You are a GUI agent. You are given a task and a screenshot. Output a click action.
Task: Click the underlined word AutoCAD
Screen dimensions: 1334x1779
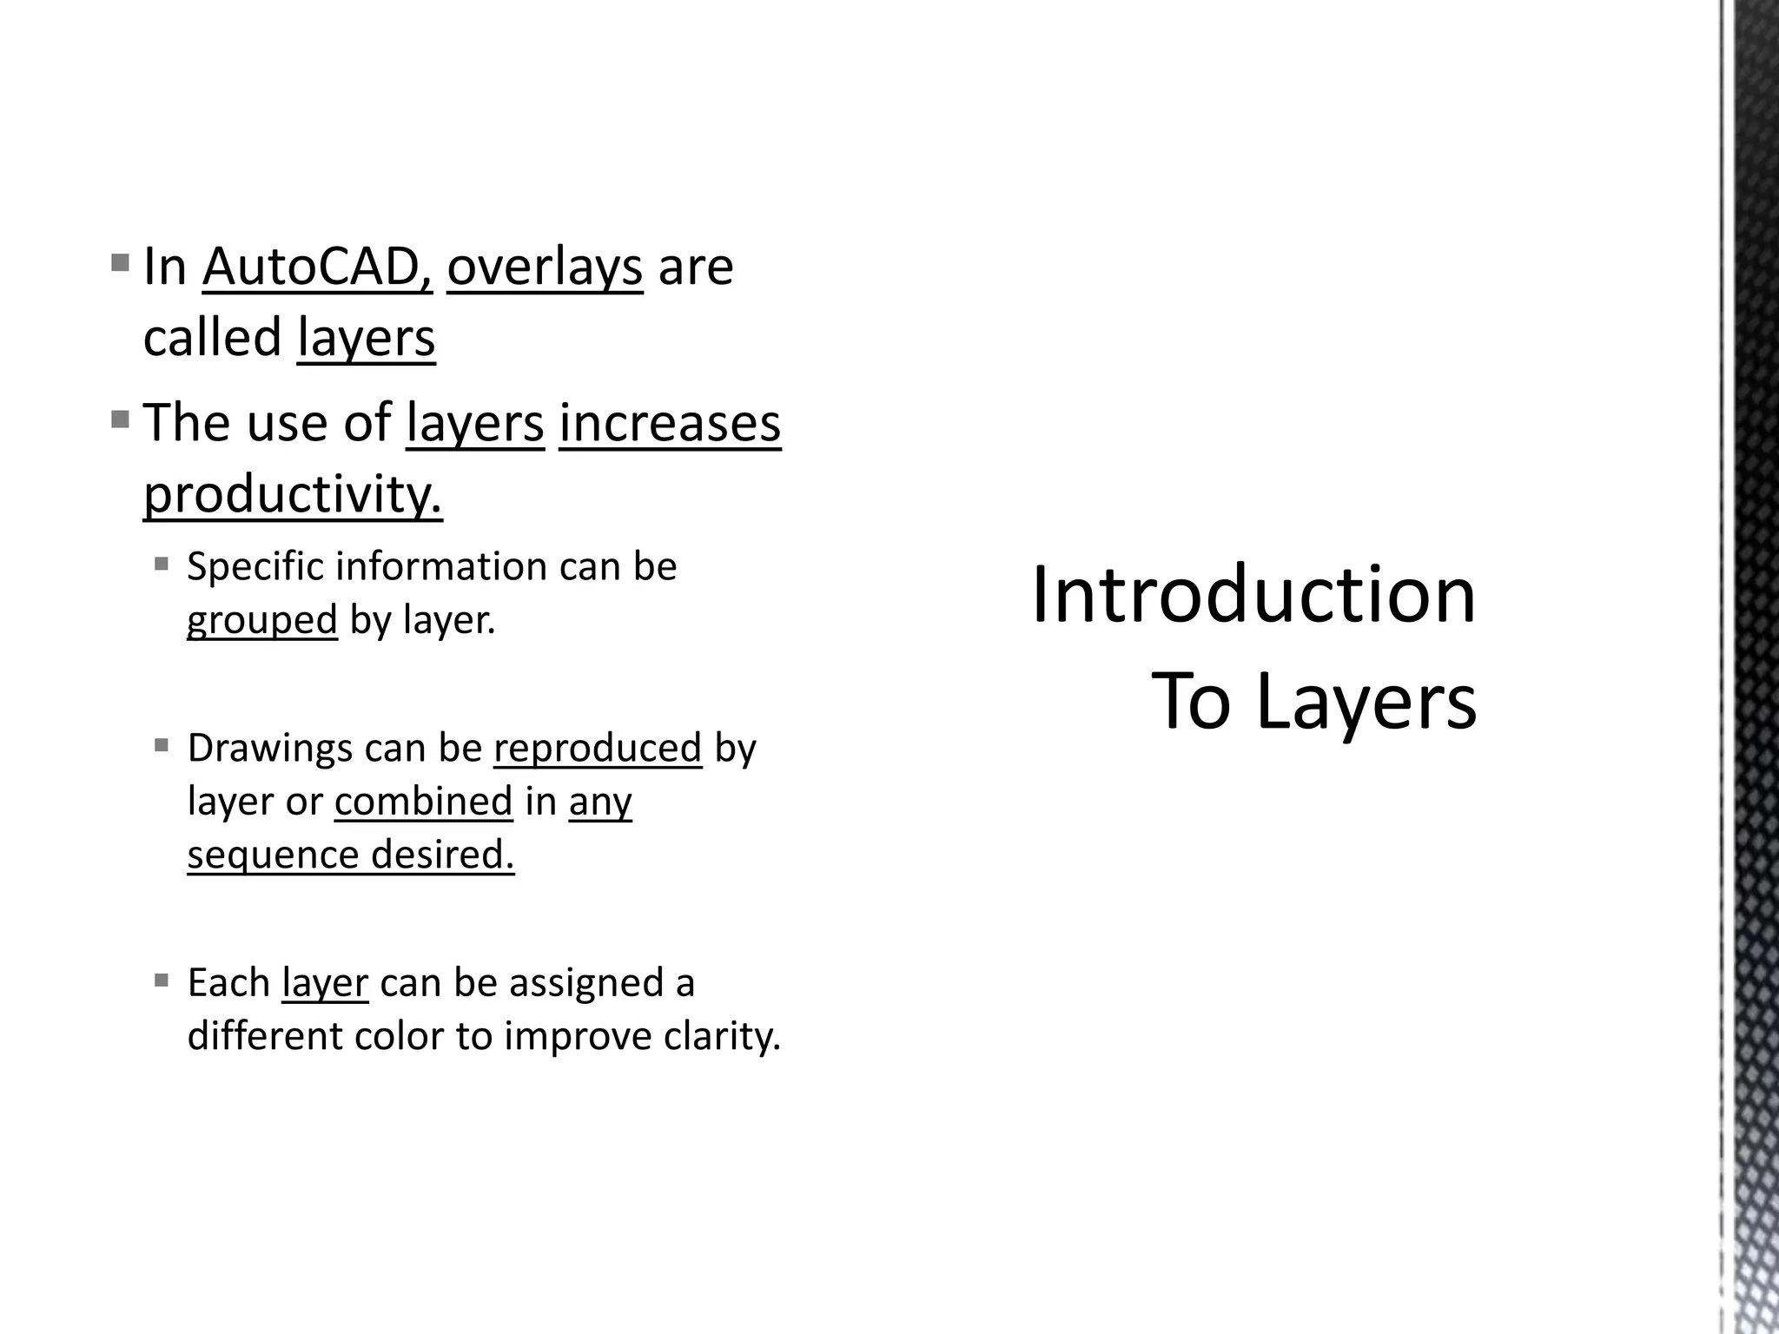(x=317, y=267)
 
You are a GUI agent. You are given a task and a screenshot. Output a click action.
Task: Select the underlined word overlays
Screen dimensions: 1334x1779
(x=545, y=267)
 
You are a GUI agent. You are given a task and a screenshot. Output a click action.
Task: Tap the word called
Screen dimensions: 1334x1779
(x=212, y=338)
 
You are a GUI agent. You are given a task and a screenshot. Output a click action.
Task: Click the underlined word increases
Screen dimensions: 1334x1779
(x=670, y=423)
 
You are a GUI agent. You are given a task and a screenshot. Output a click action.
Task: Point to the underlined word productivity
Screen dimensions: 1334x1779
(x=293, y=494)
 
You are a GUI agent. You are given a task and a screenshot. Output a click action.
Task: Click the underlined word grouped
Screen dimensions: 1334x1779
(x=261, y=620)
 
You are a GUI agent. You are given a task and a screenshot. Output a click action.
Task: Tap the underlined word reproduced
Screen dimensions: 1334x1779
(x=598, y=748)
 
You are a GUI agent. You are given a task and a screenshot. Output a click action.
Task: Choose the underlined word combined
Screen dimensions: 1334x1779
(x=423, y=801)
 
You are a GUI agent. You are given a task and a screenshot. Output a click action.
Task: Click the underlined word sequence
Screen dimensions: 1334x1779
(x=273, y=855)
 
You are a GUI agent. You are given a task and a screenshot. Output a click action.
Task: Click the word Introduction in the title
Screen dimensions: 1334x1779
(x=1253, y=596)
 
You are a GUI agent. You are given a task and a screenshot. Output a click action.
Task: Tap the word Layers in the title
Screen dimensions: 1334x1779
(x=1366, y=702)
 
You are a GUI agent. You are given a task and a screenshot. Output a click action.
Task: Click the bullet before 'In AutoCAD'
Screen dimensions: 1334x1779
(x=121, y=261)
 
